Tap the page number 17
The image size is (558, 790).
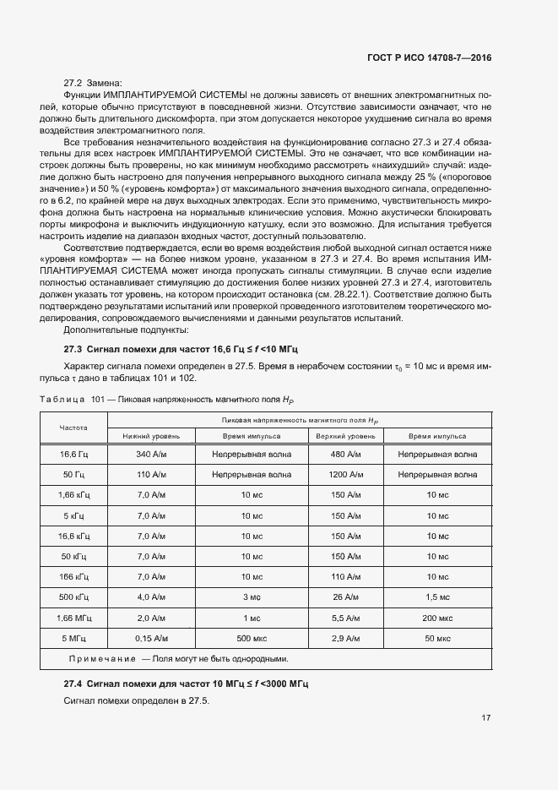[486, 718]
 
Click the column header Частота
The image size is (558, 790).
[73, 428]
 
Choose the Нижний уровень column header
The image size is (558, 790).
[151, 436]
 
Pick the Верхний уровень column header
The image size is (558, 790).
[346, 436]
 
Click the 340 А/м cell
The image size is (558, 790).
[151, 455]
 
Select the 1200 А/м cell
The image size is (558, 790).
[346, 475]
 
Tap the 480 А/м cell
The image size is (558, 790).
[346, 455]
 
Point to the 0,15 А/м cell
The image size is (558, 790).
[151, 638]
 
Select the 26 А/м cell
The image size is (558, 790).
[346, 597]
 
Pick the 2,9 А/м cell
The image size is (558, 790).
[346, 638]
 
